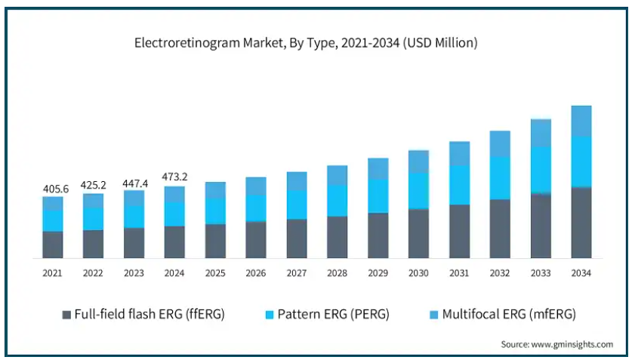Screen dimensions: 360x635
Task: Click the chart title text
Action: [x=306, y=43]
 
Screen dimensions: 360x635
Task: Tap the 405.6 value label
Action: [x=52, y=189]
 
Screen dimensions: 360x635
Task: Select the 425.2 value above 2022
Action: [x=93, y=184]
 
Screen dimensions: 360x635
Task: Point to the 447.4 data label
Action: [x=134, y=181]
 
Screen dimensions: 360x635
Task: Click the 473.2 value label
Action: [x=174, y=177]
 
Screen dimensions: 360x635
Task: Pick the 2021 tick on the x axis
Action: [x=52, y=272]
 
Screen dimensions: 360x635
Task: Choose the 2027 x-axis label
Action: [x=297, y=272]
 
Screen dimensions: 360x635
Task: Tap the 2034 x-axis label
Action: [x=581, y=272]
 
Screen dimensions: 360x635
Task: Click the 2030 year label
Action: [x=418, y=272]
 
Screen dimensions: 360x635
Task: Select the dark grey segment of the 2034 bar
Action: [x=581, y=223]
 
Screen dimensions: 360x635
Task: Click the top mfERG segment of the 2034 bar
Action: [x=581, y=121]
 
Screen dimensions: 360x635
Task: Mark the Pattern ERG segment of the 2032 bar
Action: [x=500, y=178]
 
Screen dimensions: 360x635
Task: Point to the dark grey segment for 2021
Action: [x=52, y=245]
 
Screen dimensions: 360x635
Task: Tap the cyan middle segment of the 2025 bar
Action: [x=215, y=211]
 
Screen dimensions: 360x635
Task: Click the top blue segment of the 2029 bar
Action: [x=378, y=169]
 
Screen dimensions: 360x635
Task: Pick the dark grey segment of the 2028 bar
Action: [x=338, y=237]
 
